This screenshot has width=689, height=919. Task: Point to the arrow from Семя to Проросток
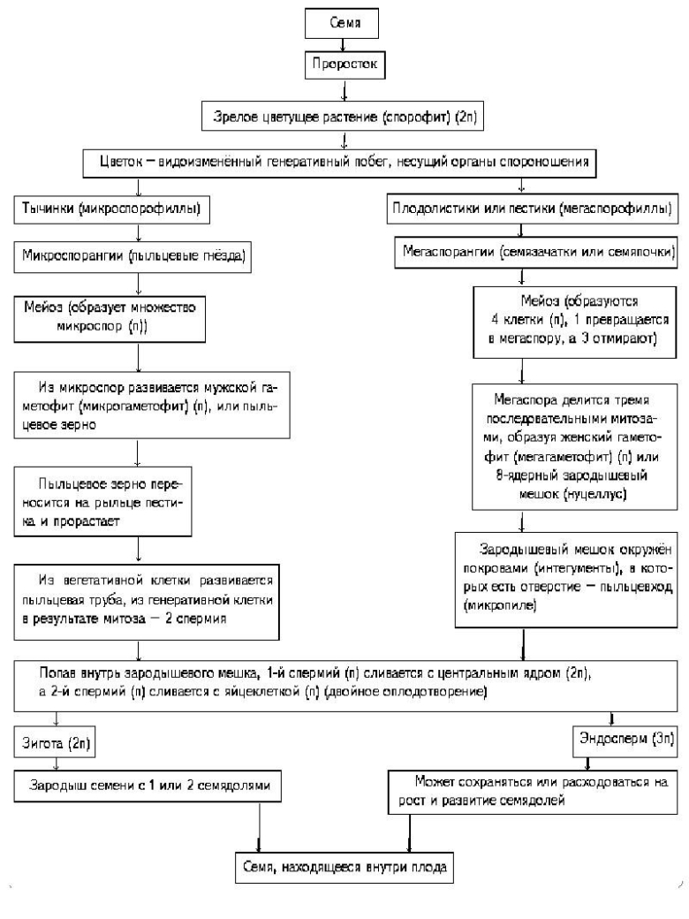[x=343, y=45]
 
